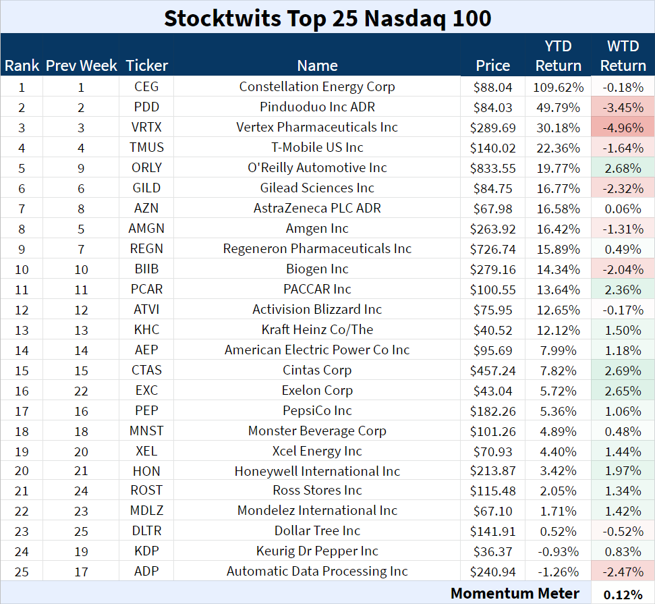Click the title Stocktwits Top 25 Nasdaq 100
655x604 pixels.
pos(327,18)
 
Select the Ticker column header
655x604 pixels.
pos(146,65)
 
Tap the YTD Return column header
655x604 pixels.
pos(558,56)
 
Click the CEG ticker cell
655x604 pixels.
pos(146,87)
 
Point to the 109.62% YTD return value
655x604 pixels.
pos(558,87)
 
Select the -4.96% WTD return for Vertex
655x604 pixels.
pos(623,128)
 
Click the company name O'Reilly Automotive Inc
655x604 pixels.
pos(317,168)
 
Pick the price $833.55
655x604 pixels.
pos(493,168)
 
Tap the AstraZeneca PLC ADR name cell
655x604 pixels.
pos(317,209)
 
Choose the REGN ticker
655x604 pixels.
pos(146,249)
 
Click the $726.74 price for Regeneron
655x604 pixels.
pos(493,249)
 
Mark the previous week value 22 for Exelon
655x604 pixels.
pos(81,391)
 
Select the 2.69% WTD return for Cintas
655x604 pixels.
pos(623,370)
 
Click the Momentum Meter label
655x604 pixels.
pos(515,593)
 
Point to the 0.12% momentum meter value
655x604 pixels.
pos(623,594)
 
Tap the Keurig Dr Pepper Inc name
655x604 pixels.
pos(317,551)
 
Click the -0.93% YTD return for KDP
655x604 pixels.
pos(558,551)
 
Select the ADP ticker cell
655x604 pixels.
pos(146,572)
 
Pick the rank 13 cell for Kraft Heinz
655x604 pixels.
pos(22,330)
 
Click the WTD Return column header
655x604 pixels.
pos(623,56)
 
